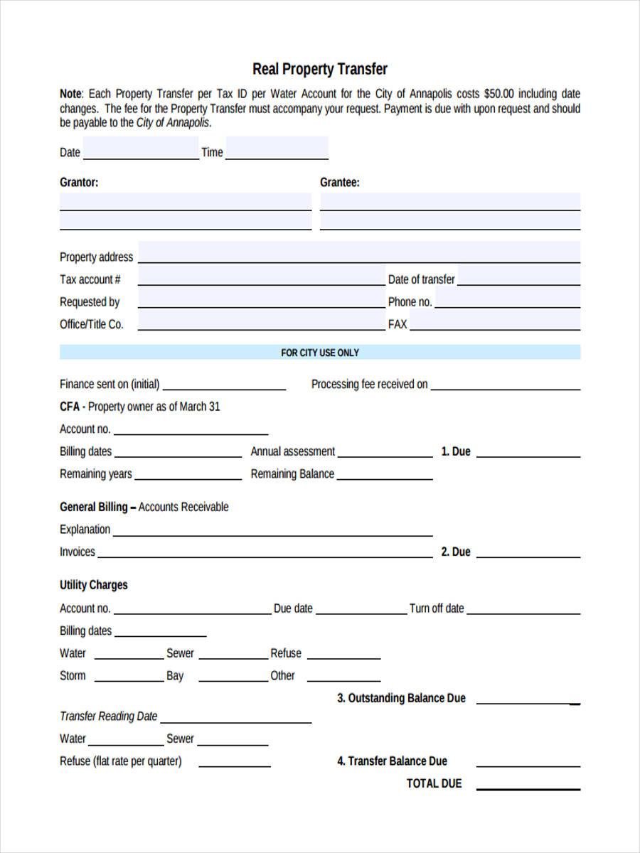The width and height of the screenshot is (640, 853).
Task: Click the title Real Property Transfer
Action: (x=320, y=69)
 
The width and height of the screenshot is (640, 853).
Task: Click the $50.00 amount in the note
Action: (x=500, y=94)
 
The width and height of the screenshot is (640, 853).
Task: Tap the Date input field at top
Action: (x=141, y=150)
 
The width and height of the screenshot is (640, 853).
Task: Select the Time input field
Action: (x=277, y=150)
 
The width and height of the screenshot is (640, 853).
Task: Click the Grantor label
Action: (x=79, y=183)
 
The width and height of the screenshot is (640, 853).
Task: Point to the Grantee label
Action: (x=340, y=183)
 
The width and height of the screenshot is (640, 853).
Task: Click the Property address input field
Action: (x=359, y=254)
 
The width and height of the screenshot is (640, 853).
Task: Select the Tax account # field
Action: (x=260, y=277)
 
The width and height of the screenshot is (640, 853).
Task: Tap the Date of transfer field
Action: (x=518, y=277)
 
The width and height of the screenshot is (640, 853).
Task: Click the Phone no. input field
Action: (x=507, y=300)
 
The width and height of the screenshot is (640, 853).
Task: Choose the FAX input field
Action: (x=495, y=323)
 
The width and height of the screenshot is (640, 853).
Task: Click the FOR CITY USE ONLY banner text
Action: (x=320, y=353)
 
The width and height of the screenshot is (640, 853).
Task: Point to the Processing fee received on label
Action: (x=370, y=385)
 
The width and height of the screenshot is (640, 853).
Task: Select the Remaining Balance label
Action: (x=292, y=474)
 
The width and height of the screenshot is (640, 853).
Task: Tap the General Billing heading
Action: (x=93, y=507)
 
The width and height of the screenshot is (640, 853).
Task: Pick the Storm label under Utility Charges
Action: (x=73, y=676)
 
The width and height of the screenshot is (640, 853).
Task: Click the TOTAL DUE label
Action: (x=434, y=783)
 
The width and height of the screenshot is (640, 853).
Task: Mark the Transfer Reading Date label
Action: (x=109, y=717)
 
